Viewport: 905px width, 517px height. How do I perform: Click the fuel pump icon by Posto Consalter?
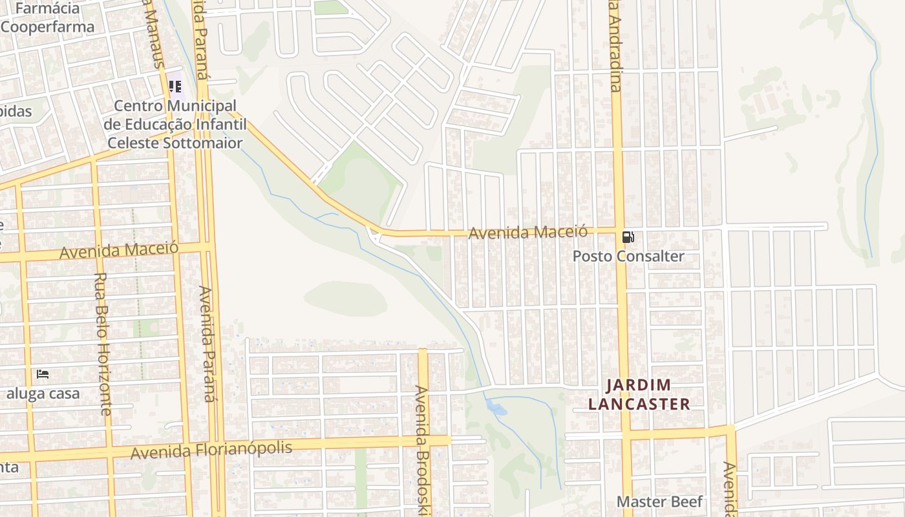[628, 237]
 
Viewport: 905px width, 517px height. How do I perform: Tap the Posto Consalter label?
[628, 257]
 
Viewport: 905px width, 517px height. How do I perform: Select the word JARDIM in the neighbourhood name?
[639, 386]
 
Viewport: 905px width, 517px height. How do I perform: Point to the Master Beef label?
[659, 501]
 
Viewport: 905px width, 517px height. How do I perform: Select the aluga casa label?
[43, 394]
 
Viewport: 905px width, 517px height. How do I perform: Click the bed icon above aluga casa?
[43, 374]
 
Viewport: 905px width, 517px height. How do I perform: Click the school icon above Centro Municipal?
[175, 86]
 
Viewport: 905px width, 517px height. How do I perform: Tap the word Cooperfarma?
[48, 27]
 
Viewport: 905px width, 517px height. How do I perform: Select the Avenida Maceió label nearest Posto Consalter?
[527, 232]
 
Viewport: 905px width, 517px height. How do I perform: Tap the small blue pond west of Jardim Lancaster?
[496, 408]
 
